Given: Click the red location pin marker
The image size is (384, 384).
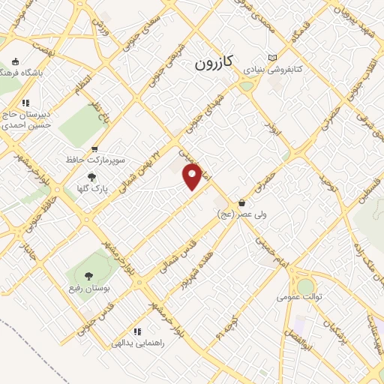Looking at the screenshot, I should [x=193, y=176].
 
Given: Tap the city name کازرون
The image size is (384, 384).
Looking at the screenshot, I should [x=216, y=63].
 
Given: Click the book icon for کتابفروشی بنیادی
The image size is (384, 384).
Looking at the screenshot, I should [x=272, y=58].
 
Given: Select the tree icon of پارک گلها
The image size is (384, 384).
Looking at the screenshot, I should [x=92, y=177].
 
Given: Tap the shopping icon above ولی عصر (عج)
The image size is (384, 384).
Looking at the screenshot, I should [x=241, y=203].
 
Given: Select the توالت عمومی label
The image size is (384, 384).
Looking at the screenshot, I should [x=299, y=296].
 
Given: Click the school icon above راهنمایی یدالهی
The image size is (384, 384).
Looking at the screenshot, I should [x=136, y=331].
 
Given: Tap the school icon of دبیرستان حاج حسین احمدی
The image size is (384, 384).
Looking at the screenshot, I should [x=25, y=103].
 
